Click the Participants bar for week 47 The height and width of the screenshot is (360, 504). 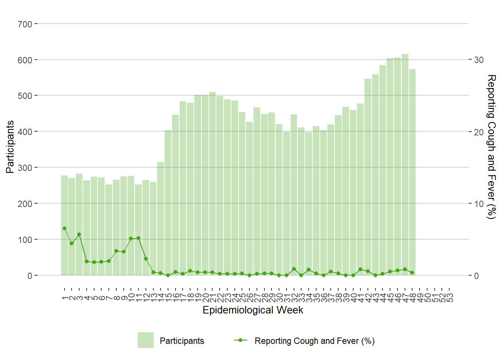405,165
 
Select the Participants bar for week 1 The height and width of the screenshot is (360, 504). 64,225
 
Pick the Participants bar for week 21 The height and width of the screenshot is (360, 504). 212,184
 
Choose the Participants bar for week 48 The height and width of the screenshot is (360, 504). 412,172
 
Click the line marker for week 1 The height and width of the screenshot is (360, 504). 64,228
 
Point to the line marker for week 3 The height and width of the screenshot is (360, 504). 79,235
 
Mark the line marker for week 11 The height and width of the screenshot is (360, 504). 138,238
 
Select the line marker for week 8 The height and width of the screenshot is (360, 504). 116,251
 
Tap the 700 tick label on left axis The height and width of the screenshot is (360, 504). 25,24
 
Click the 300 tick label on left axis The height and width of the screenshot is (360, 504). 25,168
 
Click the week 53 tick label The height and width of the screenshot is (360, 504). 450,297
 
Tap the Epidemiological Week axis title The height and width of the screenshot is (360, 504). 253,310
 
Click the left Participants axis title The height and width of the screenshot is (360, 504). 10,147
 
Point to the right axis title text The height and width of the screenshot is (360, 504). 491,147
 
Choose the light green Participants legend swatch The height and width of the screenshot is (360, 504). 145,340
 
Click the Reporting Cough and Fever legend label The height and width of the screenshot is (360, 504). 314,341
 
